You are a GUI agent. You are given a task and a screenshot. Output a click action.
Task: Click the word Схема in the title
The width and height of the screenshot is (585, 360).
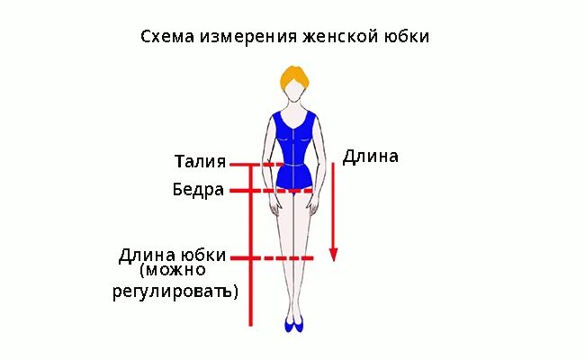pos(164,38)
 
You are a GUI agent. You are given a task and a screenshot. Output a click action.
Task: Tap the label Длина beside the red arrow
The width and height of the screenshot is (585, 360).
pos(371,156)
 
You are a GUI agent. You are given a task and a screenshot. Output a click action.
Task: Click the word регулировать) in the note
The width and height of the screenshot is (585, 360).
pos(188,292)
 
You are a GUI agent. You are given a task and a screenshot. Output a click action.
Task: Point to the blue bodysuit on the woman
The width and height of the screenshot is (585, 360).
pos(292,144)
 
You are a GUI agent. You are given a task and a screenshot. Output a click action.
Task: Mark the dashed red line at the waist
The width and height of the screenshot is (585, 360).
pos(270,165)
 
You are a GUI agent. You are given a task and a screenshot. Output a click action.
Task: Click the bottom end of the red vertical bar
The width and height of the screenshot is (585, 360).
pos(251,322)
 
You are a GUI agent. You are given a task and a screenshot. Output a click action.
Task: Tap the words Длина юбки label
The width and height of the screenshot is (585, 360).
pos(172,255)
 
